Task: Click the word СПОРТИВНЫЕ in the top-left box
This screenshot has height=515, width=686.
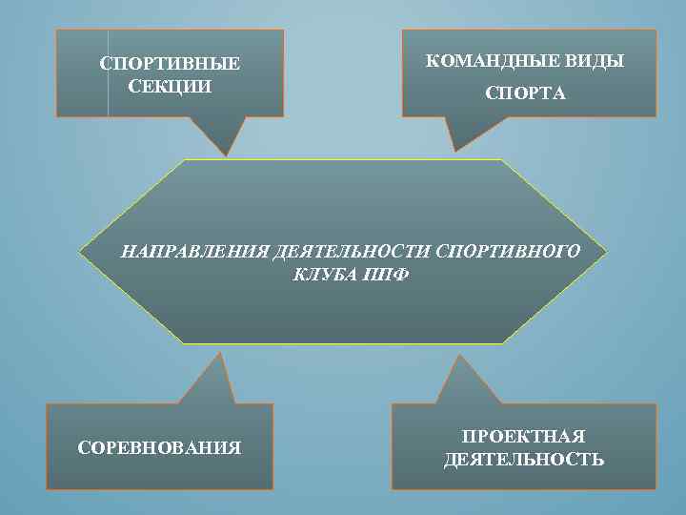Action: pyautogui.click(x=171, y=65)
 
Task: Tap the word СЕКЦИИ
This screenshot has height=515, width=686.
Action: pyautogui.click(x=170, y=85)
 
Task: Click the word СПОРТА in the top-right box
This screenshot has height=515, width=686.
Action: pyautogui.click(x=525, y=93)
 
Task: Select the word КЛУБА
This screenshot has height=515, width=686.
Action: pyautogui.click(x=322, y=275)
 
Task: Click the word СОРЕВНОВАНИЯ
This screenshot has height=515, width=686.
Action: pyautogui.click(x=159, y=446)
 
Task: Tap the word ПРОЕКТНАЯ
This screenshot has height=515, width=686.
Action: pyautogui.click(x=523, y=437)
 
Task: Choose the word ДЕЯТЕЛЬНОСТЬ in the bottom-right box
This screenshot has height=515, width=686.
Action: pyautogui.click(x=523, y=460)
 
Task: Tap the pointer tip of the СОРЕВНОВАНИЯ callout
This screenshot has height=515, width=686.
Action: pyautogui.click(x=221, y=353)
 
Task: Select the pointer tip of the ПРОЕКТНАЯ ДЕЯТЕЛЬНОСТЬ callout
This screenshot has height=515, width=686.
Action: pyautogui.click(x=461, y=357)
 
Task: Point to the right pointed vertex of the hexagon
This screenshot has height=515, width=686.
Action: pyautogui.click(x=606, y=253)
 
